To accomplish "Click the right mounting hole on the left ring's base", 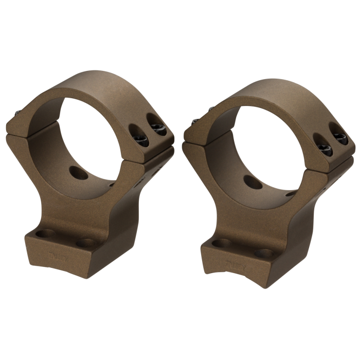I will coord(85,242).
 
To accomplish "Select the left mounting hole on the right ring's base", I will coord(221,243).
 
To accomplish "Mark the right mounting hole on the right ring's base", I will coord(264,254).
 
